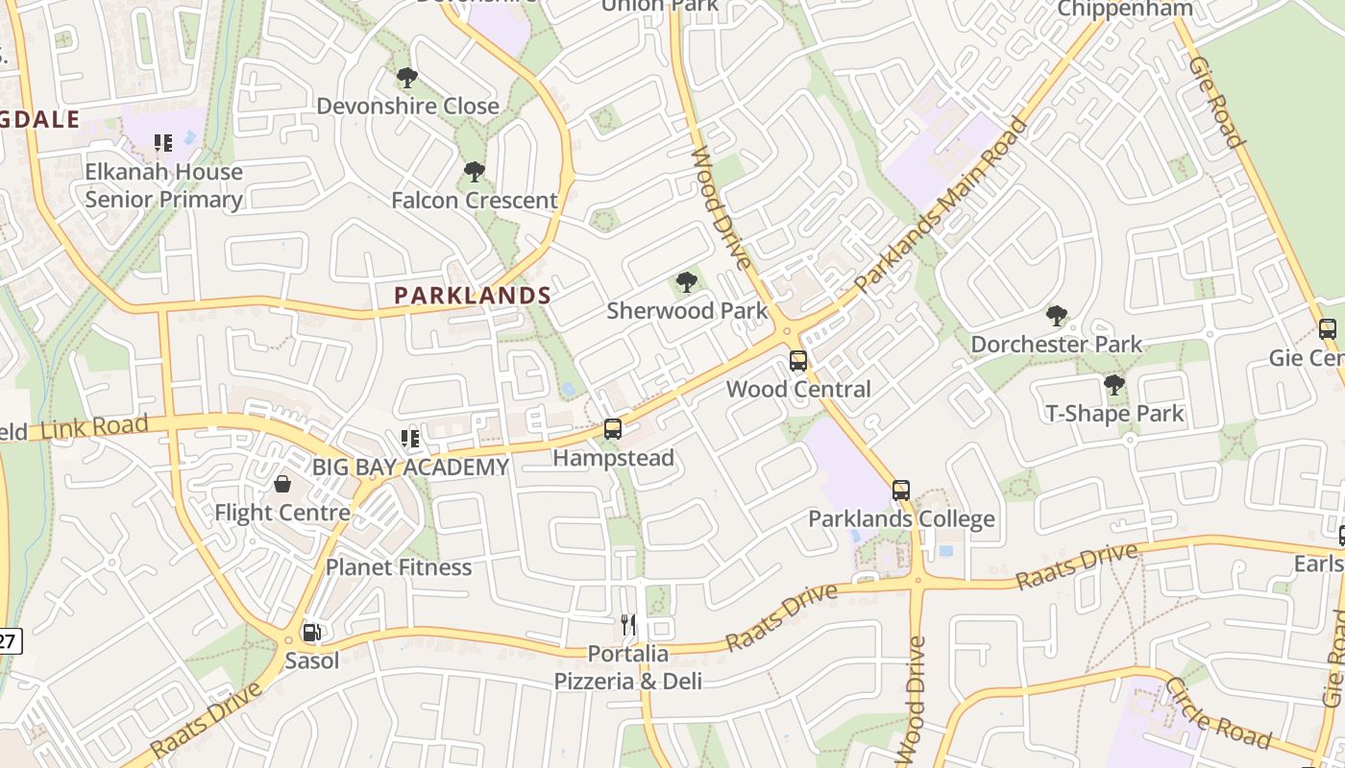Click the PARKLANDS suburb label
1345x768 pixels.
[x=473, y=296]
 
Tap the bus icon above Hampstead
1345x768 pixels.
[x=612, y=429]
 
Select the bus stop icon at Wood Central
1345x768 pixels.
[x=797, y=361]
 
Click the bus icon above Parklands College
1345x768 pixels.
[x=900, y=491]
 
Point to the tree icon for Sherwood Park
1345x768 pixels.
[x=686, y=282]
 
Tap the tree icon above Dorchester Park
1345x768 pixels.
[x=1056, y=315]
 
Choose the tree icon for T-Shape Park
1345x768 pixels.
[x=1113, y=385]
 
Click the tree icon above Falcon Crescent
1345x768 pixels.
[x=474, y=172]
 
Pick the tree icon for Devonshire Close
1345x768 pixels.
[x=406, y=77]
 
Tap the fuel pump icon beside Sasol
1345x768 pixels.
[x=311, y=633]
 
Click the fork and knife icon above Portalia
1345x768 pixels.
[x=628, y=625]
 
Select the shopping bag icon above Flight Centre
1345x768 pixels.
[x=282, y=484]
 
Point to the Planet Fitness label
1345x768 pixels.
[x=399, y=567]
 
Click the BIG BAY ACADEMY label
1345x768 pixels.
[x=410, y=468]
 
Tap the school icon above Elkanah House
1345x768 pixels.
[x=163, y=143]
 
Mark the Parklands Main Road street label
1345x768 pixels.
[x=941, y=205]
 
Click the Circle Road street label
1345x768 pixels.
[x=1217, y=712]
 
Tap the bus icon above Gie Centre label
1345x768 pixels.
[x=1328, y=329]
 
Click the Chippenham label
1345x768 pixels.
[x=1124, y=9]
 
